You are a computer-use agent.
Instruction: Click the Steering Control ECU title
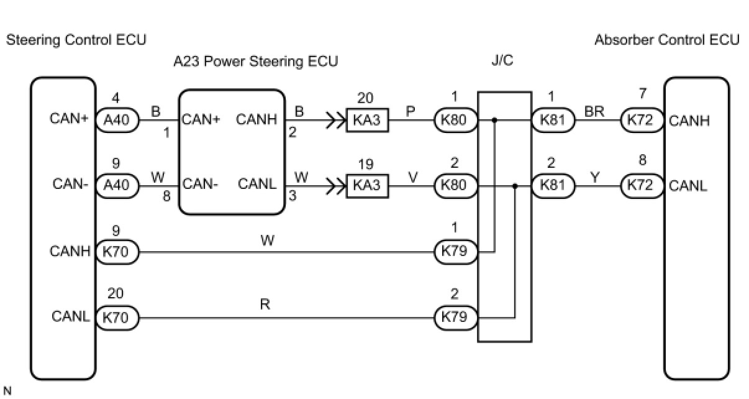[76, 40]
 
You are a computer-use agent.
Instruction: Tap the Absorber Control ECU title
[667, 40]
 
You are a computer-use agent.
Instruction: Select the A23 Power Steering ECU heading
[256, 62]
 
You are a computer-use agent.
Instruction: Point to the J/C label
[502, 60]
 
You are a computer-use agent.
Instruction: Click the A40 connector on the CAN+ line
[117, 120]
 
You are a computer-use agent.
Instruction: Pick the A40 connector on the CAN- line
[117, 185]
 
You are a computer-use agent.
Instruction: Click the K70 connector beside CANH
[117, 252]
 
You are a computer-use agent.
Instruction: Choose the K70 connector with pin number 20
[117, 318]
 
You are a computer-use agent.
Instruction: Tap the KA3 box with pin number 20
[367, 120]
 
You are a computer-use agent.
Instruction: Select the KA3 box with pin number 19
[367, 185]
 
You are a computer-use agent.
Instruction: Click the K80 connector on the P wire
[455, 120]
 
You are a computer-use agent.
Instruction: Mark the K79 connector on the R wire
[455, 318]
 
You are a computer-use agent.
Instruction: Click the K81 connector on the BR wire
[553, 120]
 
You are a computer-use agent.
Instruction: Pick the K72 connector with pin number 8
[642, 185]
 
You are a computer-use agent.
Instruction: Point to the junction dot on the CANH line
[494, 120]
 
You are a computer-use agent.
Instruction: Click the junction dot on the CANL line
[515, 186]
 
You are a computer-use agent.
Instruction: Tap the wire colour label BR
[594, 111]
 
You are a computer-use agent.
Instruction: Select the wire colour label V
[413, 177]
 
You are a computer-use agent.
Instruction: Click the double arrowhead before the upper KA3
[335, 120]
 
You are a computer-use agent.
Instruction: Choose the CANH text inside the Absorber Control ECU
[689, 121]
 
